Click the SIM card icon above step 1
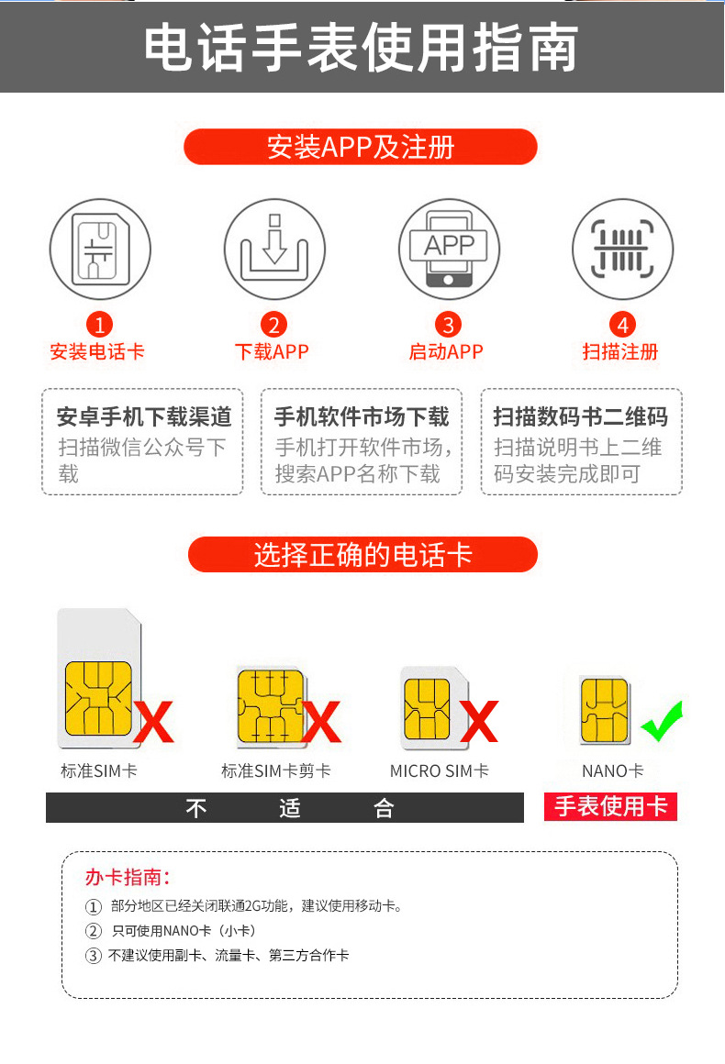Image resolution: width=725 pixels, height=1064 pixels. (100, 249)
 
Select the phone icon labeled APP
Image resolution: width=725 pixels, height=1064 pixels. (449, 249)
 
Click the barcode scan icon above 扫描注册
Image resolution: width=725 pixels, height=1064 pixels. (622, 249)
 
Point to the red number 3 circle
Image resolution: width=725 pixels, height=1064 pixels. (448, 325)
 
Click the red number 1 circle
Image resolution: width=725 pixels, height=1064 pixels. (100, 325)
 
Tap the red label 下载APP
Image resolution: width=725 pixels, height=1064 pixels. (272, 351)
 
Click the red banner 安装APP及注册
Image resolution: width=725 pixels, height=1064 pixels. (361, 147)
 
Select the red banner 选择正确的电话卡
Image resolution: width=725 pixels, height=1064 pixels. (362, 554)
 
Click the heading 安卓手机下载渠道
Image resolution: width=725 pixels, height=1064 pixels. (144, 416)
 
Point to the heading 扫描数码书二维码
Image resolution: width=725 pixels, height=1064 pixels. (580, 416)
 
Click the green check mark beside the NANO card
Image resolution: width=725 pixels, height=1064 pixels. (662, 721)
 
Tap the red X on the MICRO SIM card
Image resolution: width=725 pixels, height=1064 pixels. (479, 721)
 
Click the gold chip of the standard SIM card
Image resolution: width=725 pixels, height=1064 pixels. (98, 698)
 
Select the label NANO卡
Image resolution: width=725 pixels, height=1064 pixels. (612, 770)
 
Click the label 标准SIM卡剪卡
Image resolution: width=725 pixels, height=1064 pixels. (276, 770)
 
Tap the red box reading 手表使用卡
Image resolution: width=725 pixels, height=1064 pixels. (610, 807)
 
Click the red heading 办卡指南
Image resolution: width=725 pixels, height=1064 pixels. (127, 877)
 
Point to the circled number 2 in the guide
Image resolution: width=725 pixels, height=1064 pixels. (93, 931)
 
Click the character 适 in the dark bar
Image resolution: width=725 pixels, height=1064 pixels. (290, 808)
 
